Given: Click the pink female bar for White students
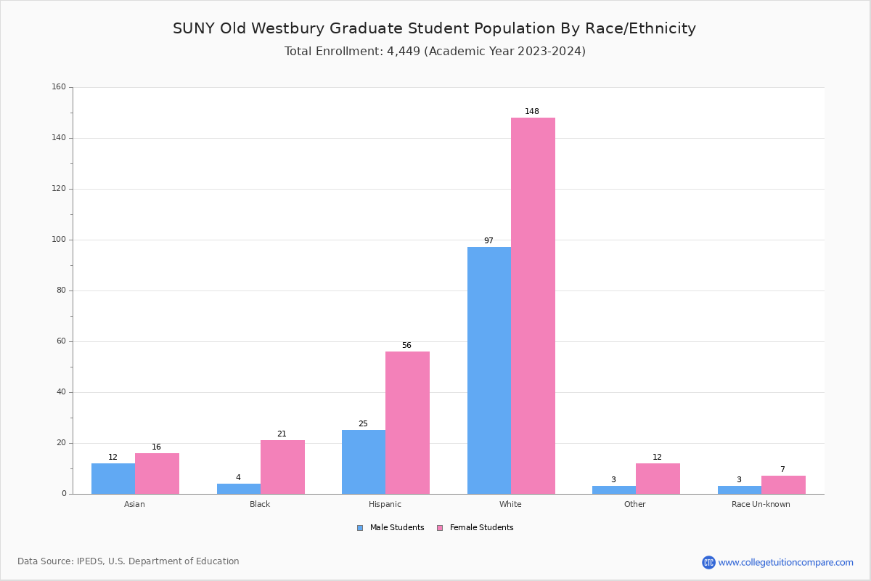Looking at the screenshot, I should [533, 305].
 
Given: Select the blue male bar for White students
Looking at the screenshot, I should [488, 370].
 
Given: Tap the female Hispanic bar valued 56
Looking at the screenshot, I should [407, 423].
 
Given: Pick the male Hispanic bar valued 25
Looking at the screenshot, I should [363, 462].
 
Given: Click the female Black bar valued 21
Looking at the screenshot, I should [282, 467].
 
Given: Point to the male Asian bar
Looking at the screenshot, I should [113, 479].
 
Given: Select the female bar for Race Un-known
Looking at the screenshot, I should [783, 485].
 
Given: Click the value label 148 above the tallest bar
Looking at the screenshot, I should [532, 112].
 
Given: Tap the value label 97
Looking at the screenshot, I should [488, 241].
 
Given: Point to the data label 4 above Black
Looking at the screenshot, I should [238, 478].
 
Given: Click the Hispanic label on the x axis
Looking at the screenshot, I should [385, 504].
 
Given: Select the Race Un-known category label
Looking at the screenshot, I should [761, 504].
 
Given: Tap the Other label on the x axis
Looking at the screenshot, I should [634, 504].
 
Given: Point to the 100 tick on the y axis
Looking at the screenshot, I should [59, 240].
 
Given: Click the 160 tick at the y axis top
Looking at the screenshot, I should [59, 87].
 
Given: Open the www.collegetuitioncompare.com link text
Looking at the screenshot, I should [785, 562].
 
